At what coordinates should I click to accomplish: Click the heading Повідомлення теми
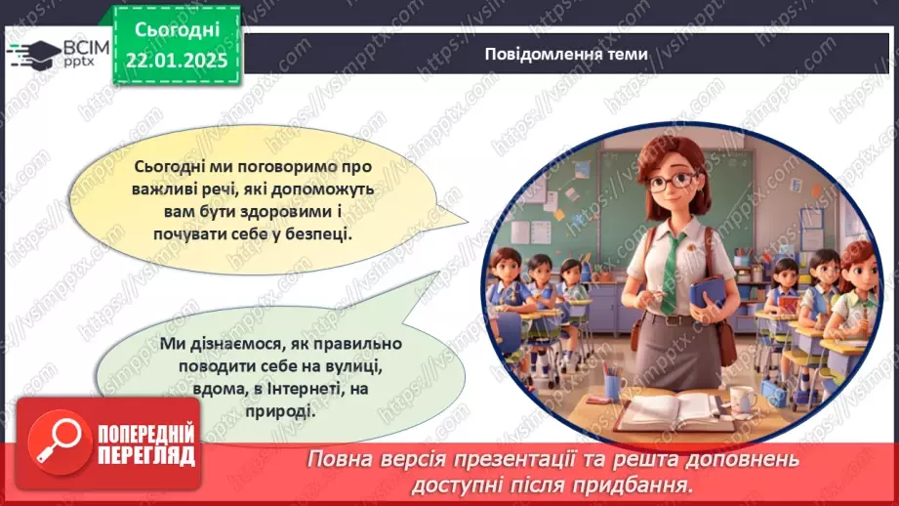click(x=565, y=54)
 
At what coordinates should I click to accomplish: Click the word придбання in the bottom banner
click(x=644, y=483)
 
